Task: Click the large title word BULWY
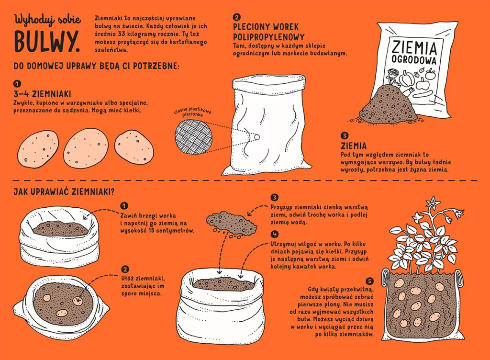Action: point(47,42)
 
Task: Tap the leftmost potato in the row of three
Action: point(38,147)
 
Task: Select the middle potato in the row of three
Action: point(86,146)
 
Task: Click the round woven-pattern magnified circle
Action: point(193,137)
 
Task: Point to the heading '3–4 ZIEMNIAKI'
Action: point(42,94)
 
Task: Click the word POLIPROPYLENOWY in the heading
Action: point(269,37)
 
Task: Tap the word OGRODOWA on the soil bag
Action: point(414,60)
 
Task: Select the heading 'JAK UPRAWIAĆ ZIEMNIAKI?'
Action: point(64,191)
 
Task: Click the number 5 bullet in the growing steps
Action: point(370,281)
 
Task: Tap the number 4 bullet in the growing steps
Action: point(275,235)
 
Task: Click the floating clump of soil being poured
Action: point(231,223)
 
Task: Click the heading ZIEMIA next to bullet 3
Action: point(354,146)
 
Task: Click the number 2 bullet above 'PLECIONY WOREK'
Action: point(236,18)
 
